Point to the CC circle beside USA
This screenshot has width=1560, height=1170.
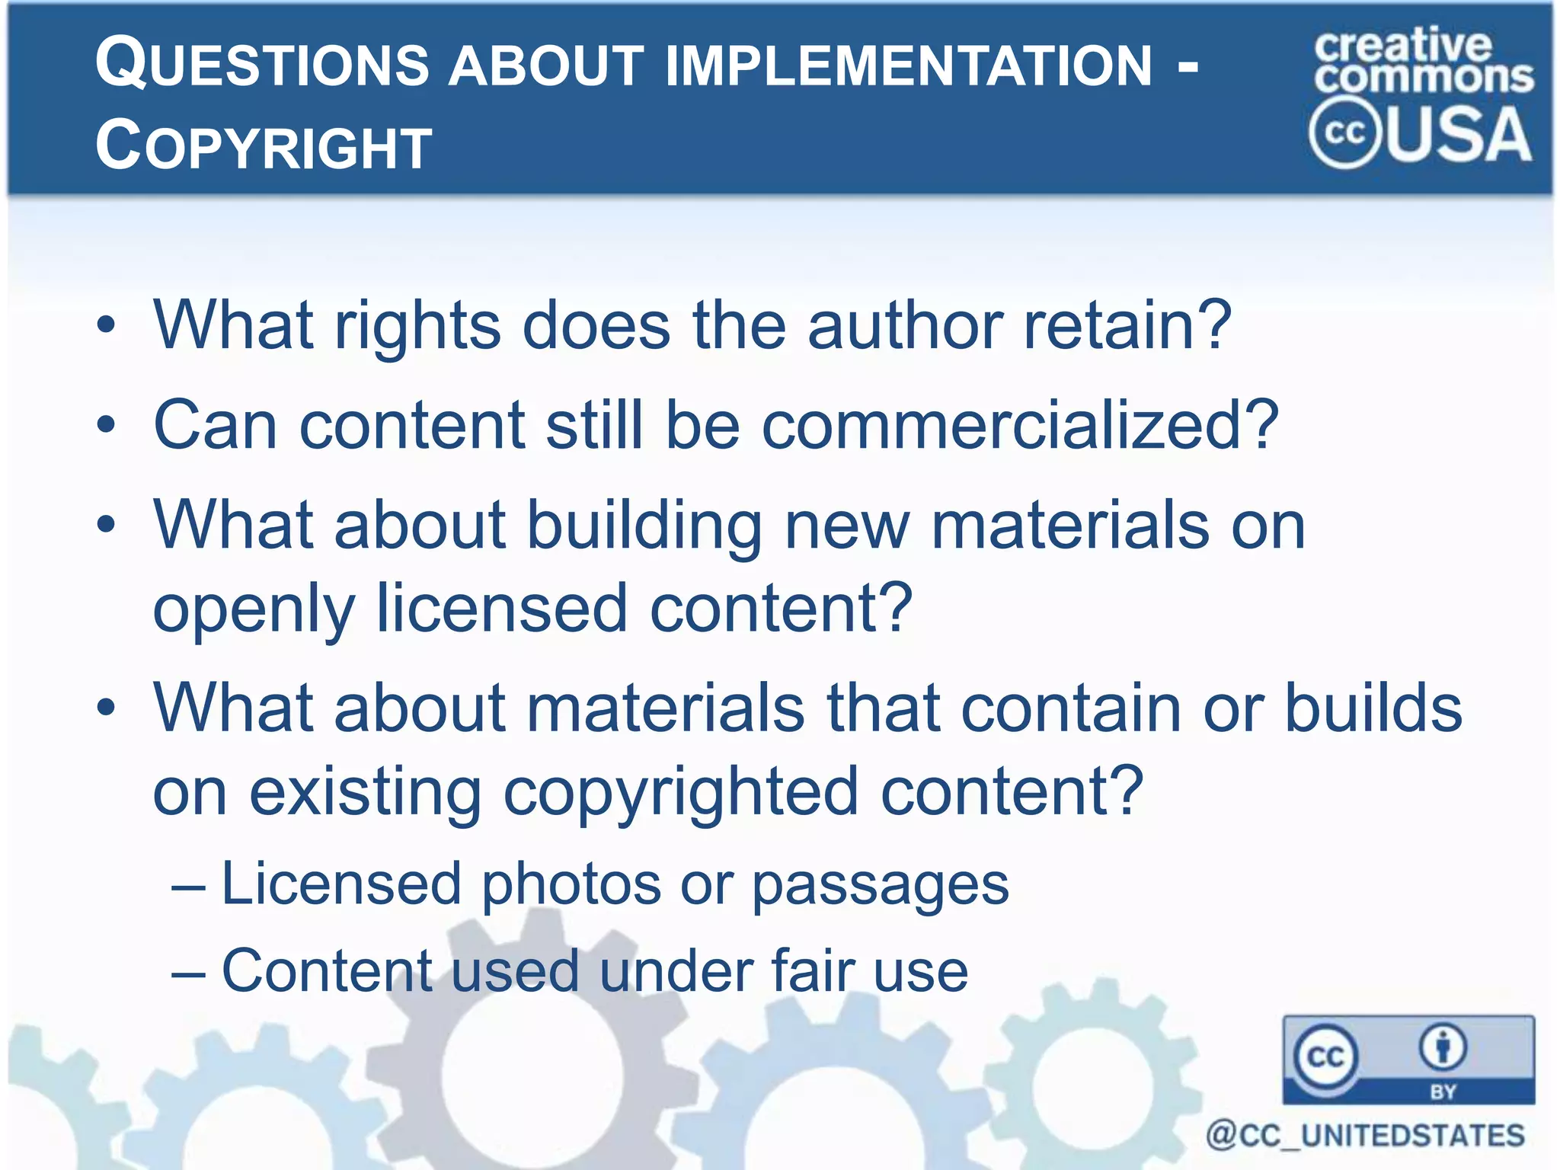click(1344, 133)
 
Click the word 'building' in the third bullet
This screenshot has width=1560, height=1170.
click(644, 527)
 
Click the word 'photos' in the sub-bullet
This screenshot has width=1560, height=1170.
click(571, 885)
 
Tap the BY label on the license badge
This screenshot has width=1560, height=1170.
click(1443, 1092)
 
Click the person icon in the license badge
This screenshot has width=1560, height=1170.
click(1443, 1047)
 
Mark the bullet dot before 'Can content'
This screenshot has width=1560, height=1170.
click(107, 425)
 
